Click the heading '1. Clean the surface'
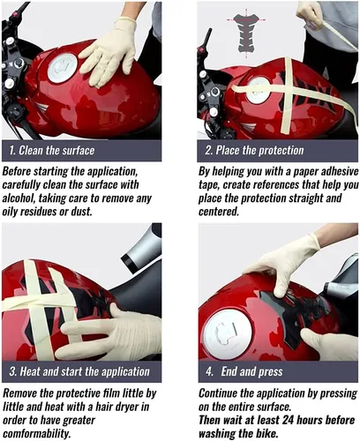tap(52, 151)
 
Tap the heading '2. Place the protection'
tap(254, 151)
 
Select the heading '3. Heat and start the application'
tap(79, 371)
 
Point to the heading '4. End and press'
tap(244, 371)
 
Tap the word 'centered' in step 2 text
tap(219, 212)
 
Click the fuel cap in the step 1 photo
tap(63, 68)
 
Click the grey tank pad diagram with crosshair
tap(246, 33)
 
